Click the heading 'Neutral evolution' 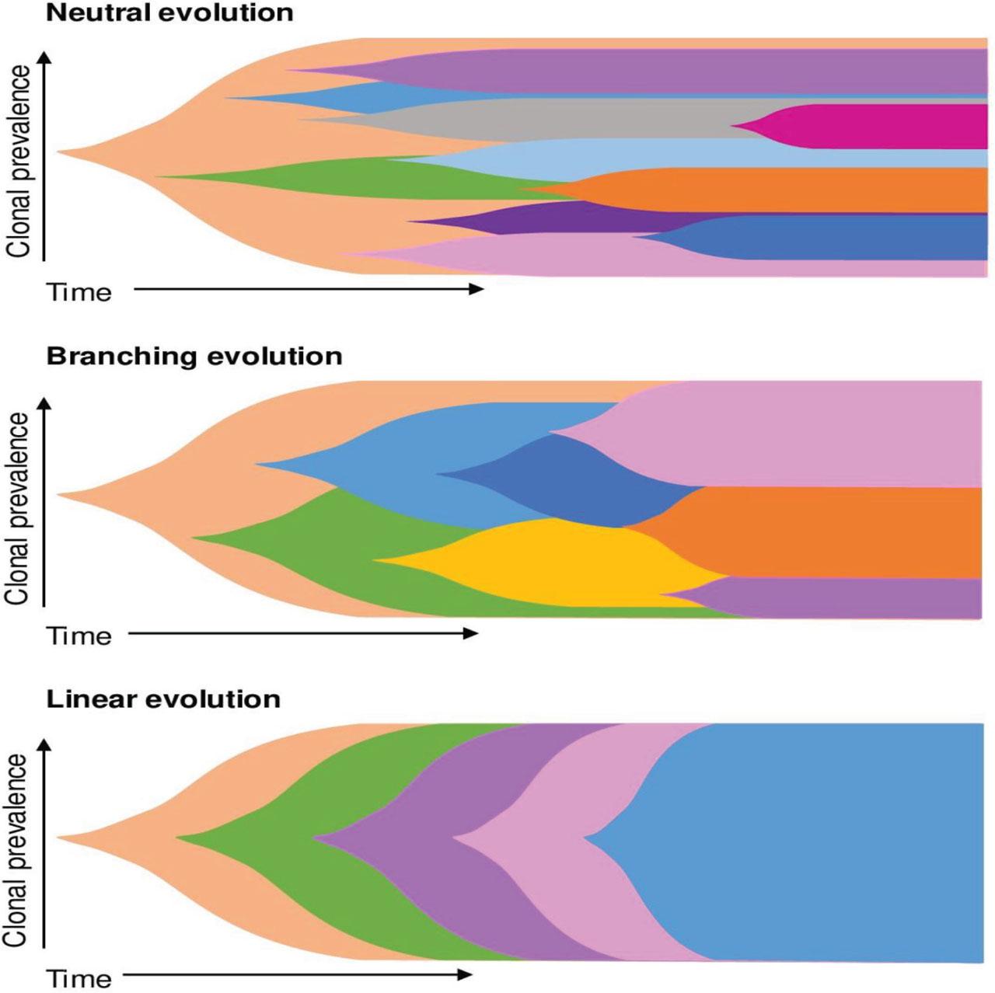pos(169,13)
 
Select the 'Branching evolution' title pos(194,357)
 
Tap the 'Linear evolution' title pos(163,699)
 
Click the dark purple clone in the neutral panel pos(529,221)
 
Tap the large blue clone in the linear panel pos(816,843)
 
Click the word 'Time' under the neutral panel pos(79,293)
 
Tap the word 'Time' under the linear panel pos(79,978)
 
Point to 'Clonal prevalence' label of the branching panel pos(17,509)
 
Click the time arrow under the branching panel pos(303,633)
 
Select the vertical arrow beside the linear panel pos(44,843)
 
